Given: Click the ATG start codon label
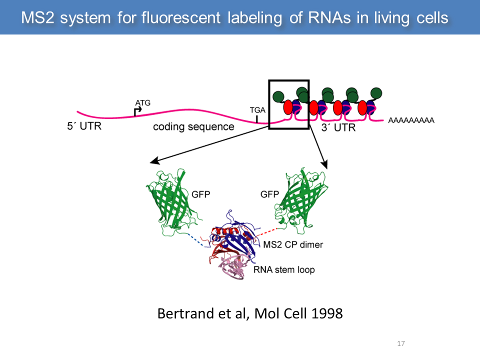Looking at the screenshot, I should click(x=142, y=102).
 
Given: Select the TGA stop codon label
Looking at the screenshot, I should click(x=256, y=110).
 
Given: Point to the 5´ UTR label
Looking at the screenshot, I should click(x=84, y=126).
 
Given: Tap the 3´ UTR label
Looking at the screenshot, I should click(x=338, y=127).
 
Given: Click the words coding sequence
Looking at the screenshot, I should click(x=193, y=126).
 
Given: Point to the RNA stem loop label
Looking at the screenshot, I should click(x=284, y=270).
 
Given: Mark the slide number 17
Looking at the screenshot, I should click(x=400, y=343).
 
